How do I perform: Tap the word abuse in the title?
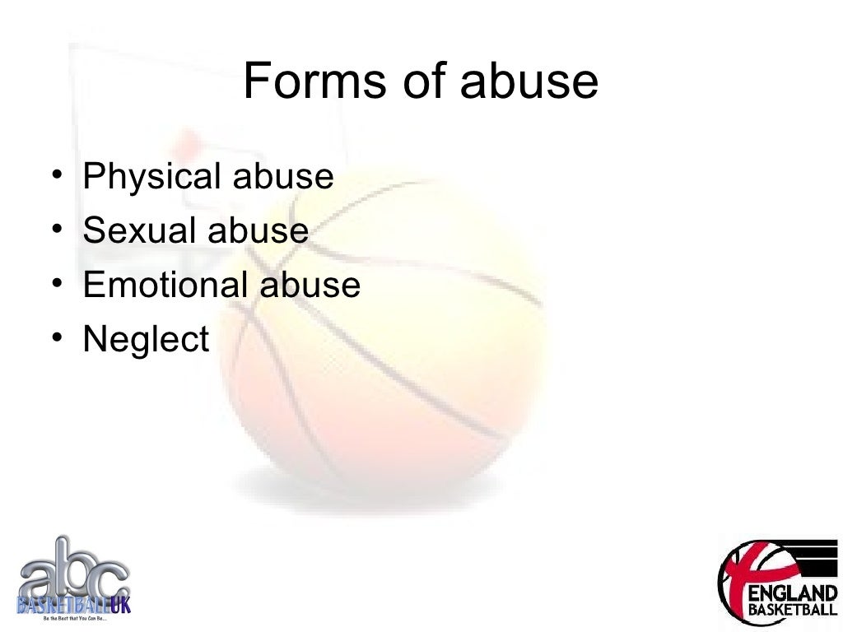pyautogui.click(x=529, y=81)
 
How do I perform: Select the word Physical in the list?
pyautogui.click(x=152, y=177)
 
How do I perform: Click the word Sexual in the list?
pyautogui.click(x=140, y=230)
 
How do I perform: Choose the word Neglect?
pyautogui.click(x=147, y=339)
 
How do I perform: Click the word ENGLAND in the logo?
pyautogui.click(x=792, y=593)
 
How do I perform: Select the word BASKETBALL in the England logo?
pyautogui.click(x=792, y=611)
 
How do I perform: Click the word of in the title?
pyautogui.click(x=421, y=81)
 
